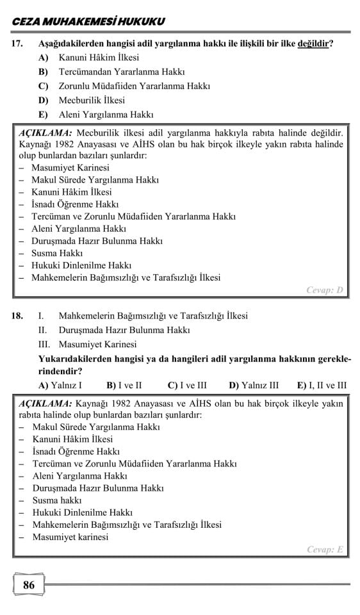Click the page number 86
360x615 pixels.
pos(28,585)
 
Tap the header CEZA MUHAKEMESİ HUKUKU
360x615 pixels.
pos(88,22)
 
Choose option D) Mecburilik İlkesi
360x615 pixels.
pos(82,101)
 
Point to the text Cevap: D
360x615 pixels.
pos(325,290)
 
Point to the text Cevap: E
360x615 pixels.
pos(325,550)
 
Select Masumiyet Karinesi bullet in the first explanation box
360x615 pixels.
pos(70,168)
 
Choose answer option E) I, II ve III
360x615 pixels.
pos(322,386)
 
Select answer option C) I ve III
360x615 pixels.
pos(187,386)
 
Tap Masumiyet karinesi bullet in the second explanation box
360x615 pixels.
pos(70,537)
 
